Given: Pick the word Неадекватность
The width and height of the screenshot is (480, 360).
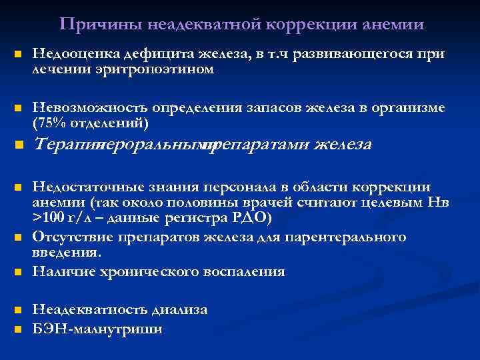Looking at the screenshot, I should [x=87, y=309].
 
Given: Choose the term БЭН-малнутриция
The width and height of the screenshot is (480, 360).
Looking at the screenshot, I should [x=97, y=329].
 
